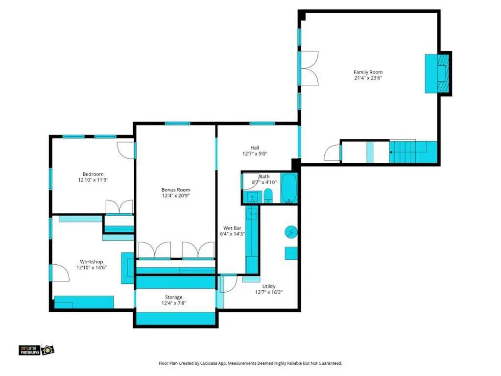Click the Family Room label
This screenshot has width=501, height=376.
pos(368,72)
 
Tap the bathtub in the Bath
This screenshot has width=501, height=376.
pos(289,188)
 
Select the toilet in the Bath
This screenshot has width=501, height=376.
pos(268,196)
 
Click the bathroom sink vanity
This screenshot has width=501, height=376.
pos(253,197)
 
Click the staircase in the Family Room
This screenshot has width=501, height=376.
pos(413,152)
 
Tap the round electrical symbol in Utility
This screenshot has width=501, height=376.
pos(291,232)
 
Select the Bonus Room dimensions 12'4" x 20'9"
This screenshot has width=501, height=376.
pos(176,196)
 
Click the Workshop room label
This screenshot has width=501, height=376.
pos(92,262)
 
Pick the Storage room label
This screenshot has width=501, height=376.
pos(173,297)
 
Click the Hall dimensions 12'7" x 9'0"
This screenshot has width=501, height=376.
pos(255,153)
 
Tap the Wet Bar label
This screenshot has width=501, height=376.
pos(232,228)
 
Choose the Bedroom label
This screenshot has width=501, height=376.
pos(93,174)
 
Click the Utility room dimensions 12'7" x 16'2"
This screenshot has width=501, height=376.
pos(269,292)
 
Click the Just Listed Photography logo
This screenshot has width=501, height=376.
pos(36,350)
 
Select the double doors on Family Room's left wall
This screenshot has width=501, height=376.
pos(309,69)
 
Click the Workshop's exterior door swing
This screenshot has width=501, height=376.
pos(60,273)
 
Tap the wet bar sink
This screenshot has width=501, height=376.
pos(252,214)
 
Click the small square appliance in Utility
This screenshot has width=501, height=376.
pos(291,253)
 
